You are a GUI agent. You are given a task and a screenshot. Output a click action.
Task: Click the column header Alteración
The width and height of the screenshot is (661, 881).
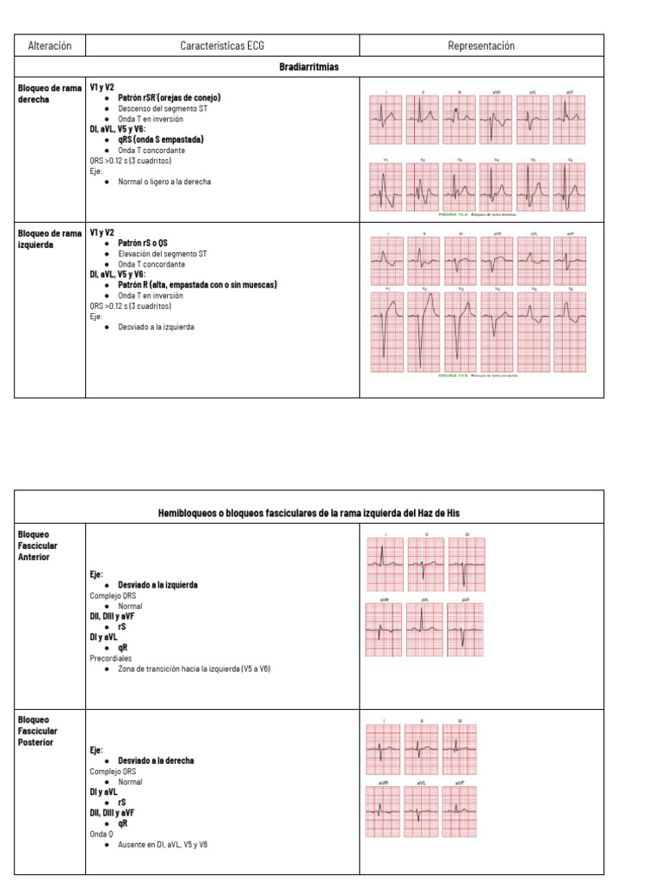click(50, 46)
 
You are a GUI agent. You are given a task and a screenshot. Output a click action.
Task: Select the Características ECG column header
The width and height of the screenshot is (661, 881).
click(222, 46)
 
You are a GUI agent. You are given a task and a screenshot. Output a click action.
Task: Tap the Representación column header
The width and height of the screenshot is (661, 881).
click(481, 46)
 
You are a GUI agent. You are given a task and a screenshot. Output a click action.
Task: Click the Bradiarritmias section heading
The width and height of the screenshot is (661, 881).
click(309, 66)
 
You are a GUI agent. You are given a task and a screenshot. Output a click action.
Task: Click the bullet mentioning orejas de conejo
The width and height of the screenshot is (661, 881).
click(169, 98)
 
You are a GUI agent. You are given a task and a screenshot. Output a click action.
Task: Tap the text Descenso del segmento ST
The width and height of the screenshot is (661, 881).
click(162, 108)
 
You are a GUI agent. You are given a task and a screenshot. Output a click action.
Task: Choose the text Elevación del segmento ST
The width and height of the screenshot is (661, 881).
click(162, 254)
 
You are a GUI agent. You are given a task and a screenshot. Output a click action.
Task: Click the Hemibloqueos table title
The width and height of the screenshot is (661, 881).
click(309, 513)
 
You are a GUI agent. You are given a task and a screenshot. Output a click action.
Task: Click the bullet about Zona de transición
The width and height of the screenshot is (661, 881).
click(194, 668)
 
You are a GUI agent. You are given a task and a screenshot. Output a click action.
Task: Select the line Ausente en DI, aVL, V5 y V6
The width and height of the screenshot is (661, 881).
click(163, 845)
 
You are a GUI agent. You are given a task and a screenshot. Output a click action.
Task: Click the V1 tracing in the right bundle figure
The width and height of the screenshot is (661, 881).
click(386, 187)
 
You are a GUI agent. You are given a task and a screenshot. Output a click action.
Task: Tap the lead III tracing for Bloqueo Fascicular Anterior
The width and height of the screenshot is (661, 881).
click(466, 564)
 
